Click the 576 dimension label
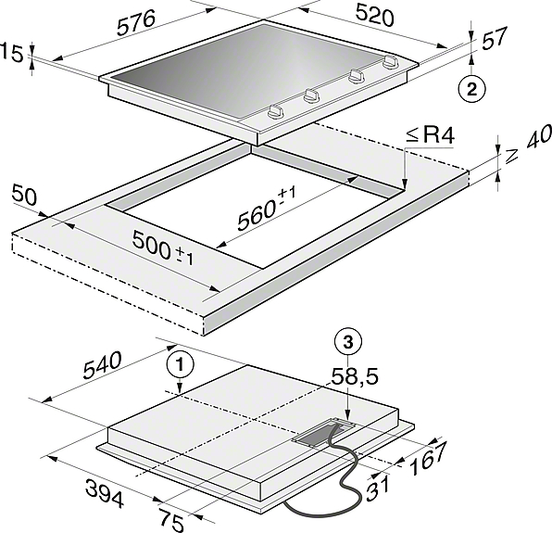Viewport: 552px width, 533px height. pyautogui.click(x=136, y=22)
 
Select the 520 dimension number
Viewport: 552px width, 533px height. pyautogui.click(x=374, y=15)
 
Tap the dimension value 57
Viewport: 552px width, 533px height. pyautogui.click(x=495, y=37)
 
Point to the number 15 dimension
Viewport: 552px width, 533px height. pyautogui.click(x=12, y=54)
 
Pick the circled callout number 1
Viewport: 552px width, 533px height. pyautogui.click(x=181, y=365)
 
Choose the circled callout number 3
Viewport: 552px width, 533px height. pyautogui.click(x=348, y=342)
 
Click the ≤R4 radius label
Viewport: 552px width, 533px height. pyautogui.click(x=430, y=135)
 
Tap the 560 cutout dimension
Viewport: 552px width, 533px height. pyautogui.click(x=267, y=209)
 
